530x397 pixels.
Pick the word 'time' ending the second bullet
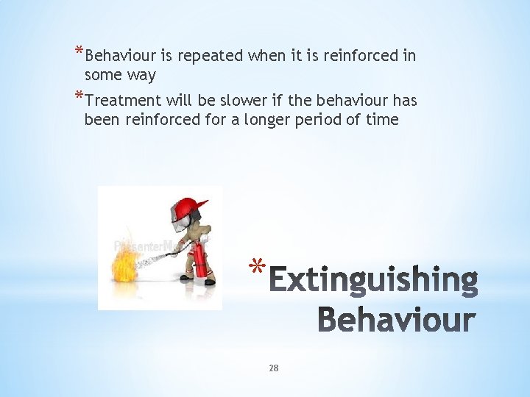382,119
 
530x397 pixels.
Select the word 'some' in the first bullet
103,75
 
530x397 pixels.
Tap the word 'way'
141,76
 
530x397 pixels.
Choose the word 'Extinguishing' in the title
374,281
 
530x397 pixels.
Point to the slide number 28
273,368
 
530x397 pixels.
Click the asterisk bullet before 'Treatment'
79,96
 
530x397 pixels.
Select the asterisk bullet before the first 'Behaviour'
79,52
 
